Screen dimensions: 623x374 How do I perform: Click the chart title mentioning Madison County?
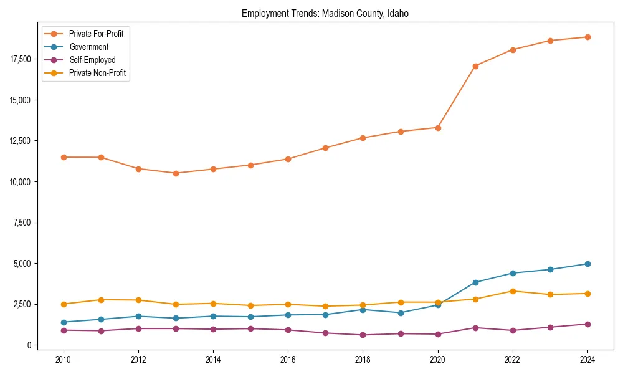pyautogui.click(x=325, y=14)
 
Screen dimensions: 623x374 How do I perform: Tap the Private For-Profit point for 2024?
pyautogui.click(x=587, y=37)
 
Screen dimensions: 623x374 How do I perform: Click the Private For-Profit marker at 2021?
pyautogui.click(x=475, y=66)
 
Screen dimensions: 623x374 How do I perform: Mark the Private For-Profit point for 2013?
pyautogui.click(x=176, y=173)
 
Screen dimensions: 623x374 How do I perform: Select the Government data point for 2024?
pyautogui.click(x=587, y=264)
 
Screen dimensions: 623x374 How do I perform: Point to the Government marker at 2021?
pyautogui.click(x=475, y=282)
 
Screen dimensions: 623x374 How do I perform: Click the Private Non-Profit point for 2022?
pyautogui.click(x=513, y=291)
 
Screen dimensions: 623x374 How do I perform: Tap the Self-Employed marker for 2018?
pyautogui.click(x=363, y=335)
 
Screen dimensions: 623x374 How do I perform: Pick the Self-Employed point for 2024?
pyautogui.click(x=587, y=324)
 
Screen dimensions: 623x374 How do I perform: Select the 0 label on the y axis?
pyautogui.click(x=29, y=345)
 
